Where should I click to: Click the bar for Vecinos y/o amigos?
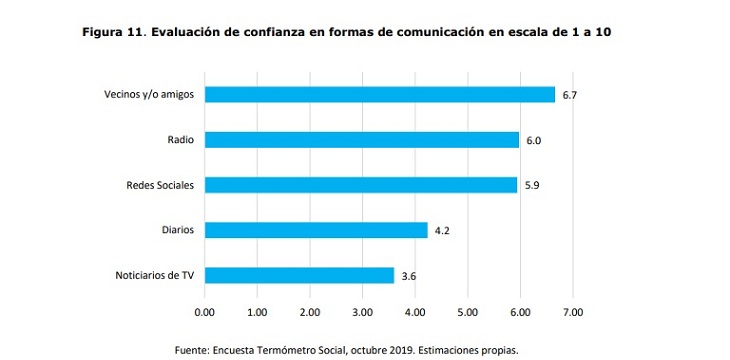click(380, 94)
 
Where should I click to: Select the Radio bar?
click(362, 140)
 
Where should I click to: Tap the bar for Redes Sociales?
click(360, 185)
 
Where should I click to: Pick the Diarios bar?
click(316, 230)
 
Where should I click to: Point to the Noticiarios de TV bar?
click(299, 275)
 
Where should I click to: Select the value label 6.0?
click(534, 141)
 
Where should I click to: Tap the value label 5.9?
click(532, 186)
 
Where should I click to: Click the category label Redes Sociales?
click(154, 185)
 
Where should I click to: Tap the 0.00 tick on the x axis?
click(204, 313)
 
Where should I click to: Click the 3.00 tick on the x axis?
click(362, 313)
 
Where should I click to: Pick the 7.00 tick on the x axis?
click(572, 313)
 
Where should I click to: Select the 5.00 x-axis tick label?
click(467, 313)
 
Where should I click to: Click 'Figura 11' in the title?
click(113, 32)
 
